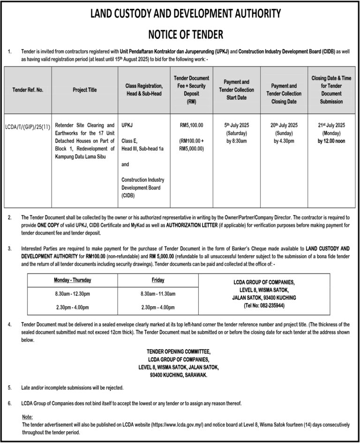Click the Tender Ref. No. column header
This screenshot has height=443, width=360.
[27, 90]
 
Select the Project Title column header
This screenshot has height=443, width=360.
[85, 90]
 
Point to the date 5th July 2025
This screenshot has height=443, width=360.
[240, 126]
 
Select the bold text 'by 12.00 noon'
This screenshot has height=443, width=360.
[332, 140]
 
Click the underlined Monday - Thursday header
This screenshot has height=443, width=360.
[72, 280]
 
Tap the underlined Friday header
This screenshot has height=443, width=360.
[158, 280]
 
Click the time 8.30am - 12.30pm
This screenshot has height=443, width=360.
[72, 294]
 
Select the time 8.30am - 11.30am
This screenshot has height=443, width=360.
[158, 294]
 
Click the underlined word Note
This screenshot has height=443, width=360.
[27, 416]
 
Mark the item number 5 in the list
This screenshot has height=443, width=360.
[10, 388]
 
